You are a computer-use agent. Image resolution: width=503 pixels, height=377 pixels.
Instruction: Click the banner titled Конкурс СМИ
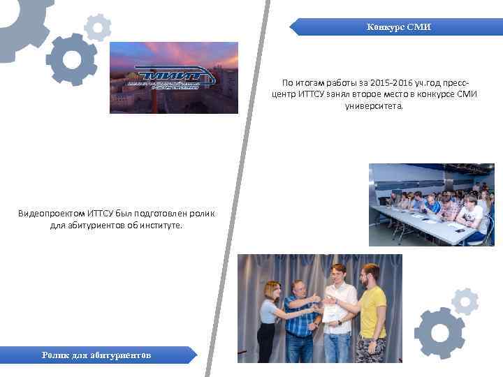click(x=399, y=27)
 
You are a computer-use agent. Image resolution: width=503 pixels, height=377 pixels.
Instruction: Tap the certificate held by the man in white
click(x=330, y=313)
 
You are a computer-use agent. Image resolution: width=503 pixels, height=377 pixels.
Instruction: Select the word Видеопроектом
click(x=48, y=212)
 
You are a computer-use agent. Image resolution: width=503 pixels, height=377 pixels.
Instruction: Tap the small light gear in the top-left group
click(x=97, y=27)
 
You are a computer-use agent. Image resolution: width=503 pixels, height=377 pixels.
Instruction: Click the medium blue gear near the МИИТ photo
click(x=71, y=59)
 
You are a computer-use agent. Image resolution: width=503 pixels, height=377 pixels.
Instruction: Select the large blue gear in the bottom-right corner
click(x=439, y=332)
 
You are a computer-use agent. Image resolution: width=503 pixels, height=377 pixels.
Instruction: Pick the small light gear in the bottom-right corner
click(x=465, y=302)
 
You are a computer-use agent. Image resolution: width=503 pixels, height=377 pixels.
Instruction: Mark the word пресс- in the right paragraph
click(x=465, y=82)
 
